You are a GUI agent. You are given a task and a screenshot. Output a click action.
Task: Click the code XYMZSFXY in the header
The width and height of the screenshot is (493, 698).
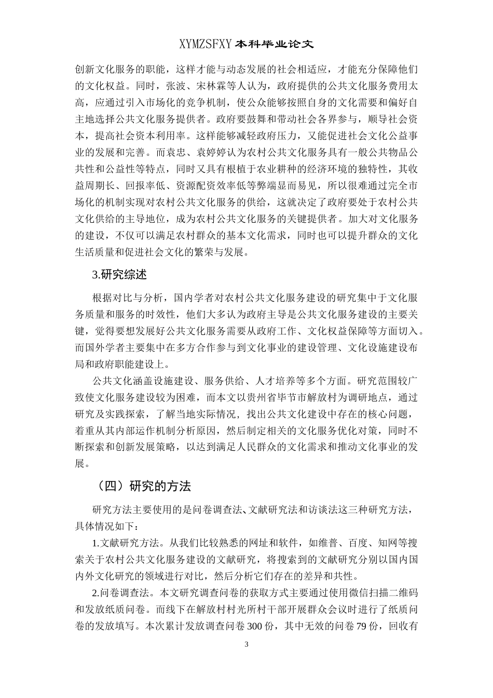[206, 45]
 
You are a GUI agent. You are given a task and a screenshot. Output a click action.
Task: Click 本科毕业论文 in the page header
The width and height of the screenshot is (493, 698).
[275, 45]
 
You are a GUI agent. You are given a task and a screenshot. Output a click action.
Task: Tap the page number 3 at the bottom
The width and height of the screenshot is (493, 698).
[246, 645]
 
